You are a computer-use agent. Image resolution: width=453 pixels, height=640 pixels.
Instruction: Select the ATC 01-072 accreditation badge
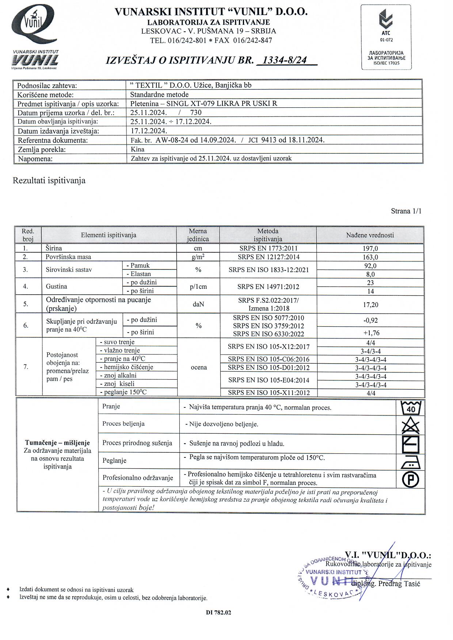(x=386, y=37)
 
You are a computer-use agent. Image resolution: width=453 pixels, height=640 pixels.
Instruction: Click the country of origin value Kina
(x=137, y=149)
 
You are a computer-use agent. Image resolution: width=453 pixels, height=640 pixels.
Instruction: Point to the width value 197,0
(x=370, y=248)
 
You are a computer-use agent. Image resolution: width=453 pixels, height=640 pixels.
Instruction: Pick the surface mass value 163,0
(x=370, y=257)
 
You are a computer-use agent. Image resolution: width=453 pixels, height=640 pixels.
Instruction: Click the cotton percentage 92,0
(x=370, y=266)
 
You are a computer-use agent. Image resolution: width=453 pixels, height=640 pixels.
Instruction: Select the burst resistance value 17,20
(x=370, y=304)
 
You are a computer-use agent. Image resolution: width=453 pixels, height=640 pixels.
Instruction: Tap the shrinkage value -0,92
(x=370, y=320)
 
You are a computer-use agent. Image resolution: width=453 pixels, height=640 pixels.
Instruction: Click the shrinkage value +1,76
(x=370, y=333)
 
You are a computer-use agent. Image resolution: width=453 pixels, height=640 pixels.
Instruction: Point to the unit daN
(x=198, y=304)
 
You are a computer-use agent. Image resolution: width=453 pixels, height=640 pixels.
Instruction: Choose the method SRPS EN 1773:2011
(x=268, y=248)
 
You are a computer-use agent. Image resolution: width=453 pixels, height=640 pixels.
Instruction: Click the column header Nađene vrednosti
(x=370, y=235)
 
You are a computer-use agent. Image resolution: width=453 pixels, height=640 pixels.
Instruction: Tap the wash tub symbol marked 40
(x=411, y=408)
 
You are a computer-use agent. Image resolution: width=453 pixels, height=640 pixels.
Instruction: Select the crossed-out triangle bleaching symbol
(x=411, y=425)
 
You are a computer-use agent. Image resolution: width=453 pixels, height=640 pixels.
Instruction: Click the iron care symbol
(x=411, y=462)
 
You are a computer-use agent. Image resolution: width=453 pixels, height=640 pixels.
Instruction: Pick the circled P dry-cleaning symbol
(x=411, y=479)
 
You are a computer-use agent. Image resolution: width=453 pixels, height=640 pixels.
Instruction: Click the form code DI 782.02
(x=218, y=613)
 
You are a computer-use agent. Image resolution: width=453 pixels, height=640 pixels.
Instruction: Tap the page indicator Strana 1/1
(x=406, y=211)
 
